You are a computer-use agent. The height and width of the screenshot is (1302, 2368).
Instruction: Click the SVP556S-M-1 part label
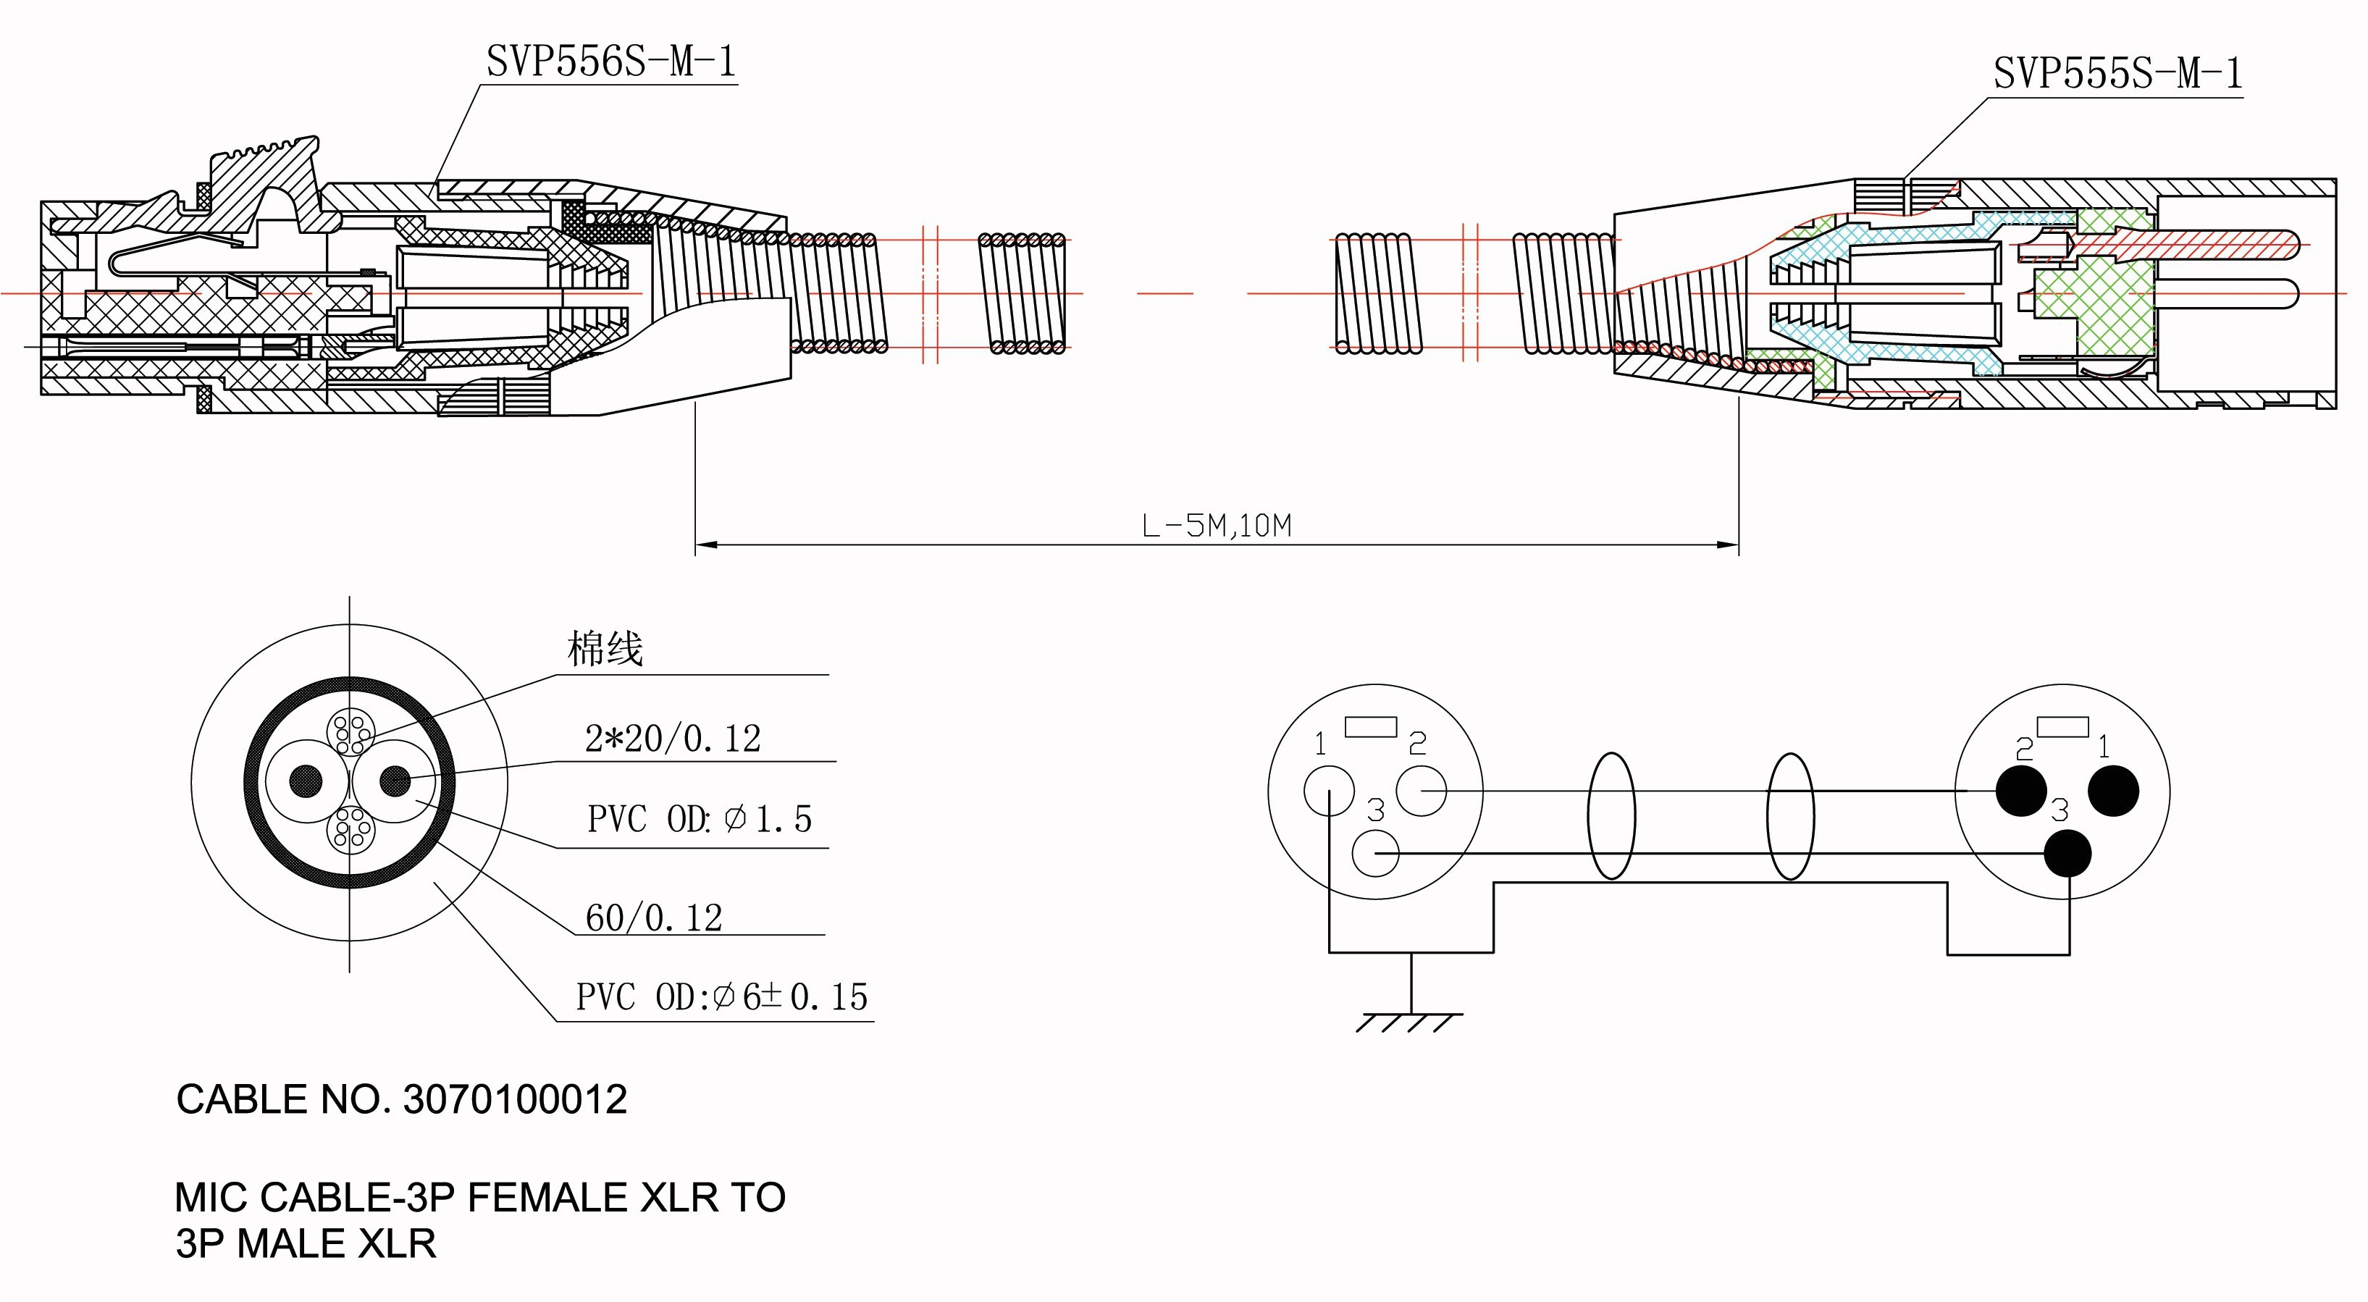pyautogui.click(x=610, y=62)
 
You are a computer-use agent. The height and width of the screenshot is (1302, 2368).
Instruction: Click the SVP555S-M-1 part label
pyautogui.click(x=2117, y=74)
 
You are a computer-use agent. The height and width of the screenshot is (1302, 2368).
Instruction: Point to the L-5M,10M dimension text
pyautogui.click(x=1216, y=526)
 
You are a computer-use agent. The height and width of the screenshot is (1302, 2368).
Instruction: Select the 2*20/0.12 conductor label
pyautogui.click(x=673, y=739)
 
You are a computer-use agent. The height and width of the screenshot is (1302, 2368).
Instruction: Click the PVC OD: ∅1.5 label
pyautogui.click(x=700, y=819)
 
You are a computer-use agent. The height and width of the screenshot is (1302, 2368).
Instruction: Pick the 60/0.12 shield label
pyautogui.click(x=654, y=917)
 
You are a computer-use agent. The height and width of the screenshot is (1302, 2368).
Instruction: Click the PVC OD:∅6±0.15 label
pyautogui.click(x=721, y=996)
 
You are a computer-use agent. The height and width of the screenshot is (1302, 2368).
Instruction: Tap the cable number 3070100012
pyautogui.click(x=515, y=1100)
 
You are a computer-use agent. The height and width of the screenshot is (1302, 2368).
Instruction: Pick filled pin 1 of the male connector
pyautogui.click(x=2113, y=791)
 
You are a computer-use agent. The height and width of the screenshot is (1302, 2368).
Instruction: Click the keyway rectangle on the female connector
pyautogui.click(x=1371, y=727)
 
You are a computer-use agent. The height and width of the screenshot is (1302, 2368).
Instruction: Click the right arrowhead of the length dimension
pyautogui.click(x=1730, y=545)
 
